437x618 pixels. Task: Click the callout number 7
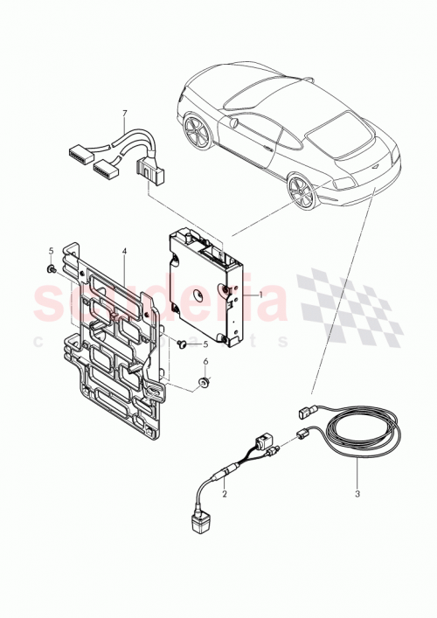coord(125,114)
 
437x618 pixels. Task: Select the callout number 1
coord(260,295)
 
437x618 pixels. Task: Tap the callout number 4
coord(124,251)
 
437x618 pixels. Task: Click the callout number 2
coord(225,495)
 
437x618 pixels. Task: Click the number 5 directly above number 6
coord(206,343)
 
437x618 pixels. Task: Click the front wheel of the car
coord(196,130)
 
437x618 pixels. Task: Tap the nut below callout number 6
coord(205,384)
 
